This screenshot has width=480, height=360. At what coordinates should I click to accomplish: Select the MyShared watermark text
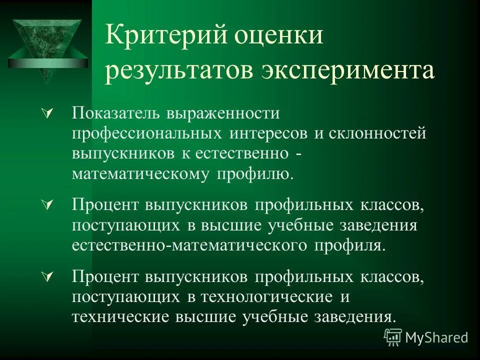[437, 337]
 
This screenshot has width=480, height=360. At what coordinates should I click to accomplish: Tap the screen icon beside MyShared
[393, 337]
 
